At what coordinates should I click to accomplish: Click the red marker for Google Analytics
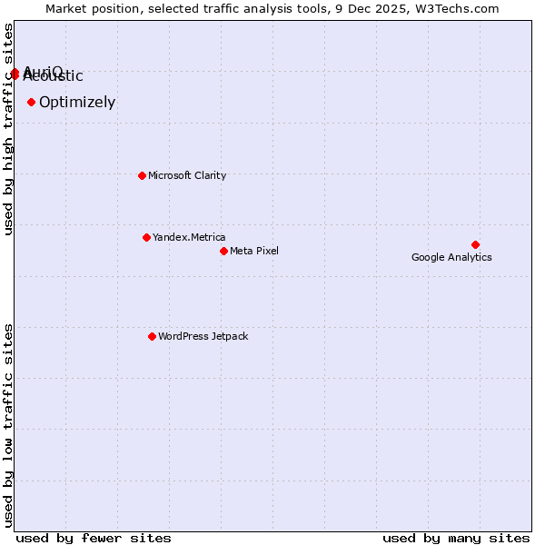(475, 244)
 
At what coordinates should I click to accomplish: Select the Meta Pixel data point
(223, 251)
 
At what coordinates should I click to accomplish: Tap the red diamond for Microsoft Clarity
(142, 175)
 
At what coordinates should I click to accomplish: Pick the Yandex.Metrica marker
(146, 237)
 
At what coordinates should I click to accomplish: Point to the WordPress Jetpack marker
(152, 336)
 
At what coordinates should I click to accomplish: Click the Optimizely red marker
(31, 102)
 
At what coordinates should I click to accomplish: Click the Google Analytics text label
(451, 257)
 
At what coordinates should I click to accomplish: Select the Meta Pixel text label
(254, 251)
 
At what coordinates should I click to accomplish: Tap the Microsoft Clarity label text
(187, 175)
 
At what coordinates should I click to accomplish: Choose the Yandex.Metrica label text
(189, 237)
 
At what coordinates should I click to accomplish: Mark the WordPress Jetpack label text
(203, 336)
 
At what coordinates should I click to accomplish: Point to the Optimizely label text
(77, 102)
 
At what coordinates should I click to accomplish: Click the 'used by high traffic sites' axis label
(9, 129)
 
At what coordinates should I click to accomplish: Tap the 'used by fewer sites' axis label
(94, 538)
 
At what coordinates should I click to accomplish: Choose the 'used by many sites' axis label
(456, 538)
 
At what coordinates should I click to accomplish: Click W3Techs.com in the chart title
(459, 8)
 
